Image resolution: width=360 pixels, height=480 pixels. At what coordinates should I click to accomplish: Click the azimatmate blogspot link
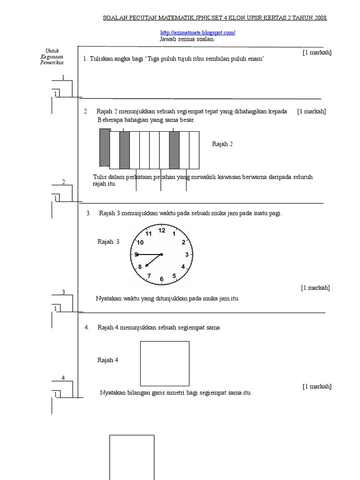click(x=197, y=33)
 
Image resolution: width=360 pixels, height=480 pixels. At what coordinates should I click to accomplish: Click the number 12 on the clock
click(x=162, y=230)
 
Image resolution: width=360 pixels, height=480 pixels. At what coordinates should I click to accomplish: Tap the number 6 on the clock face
click(x=162, y=279)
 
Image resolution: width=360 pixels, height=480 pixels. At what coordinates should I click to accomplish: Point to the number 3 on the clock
click(x=187, y=255)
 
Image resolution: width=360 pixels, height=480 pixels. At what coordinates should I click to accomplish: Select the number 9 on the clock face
click(x=136, y=255)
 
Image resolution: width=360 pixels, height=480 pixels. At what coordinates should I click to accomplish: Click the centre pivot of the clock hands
click(x=161, y=255)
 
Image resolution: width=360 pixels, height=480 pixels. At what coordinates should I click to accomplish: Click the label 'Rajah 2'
click(x=223, y=144)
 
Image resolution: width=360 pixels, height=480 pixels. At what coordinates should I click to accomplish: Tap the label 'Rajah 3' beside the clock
click(x=108, y=242)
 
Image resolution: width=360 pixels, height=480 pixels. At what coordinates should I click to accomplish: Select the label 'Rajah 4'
click(x=108, y=360)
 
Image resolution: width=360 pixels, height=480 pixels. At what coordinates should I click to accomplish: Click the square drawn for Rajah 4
click(x=165, y=363)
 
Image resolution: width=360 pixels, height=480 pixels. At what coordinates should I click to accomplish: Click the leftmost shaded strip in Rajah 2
click(x=104, y=147)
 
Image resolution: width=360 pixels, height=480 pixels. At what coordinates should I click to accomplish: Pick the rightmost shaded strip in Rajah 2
click(x=174, y=150)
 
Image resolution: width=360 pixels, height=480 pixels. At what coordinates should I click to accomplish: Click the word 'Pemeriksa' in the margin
click(x=52, y=63)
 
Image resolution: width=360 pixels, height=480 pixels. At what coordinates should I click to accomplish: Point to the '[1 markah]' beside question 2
click(x=311, y=111)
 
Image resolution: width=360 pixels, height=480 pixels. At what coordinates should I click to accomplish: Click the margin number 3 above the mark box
click(x=63, y=292)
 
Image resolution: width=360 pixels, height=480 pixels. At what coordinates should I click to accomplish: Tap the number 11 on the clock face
click(x=149, y=233)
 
